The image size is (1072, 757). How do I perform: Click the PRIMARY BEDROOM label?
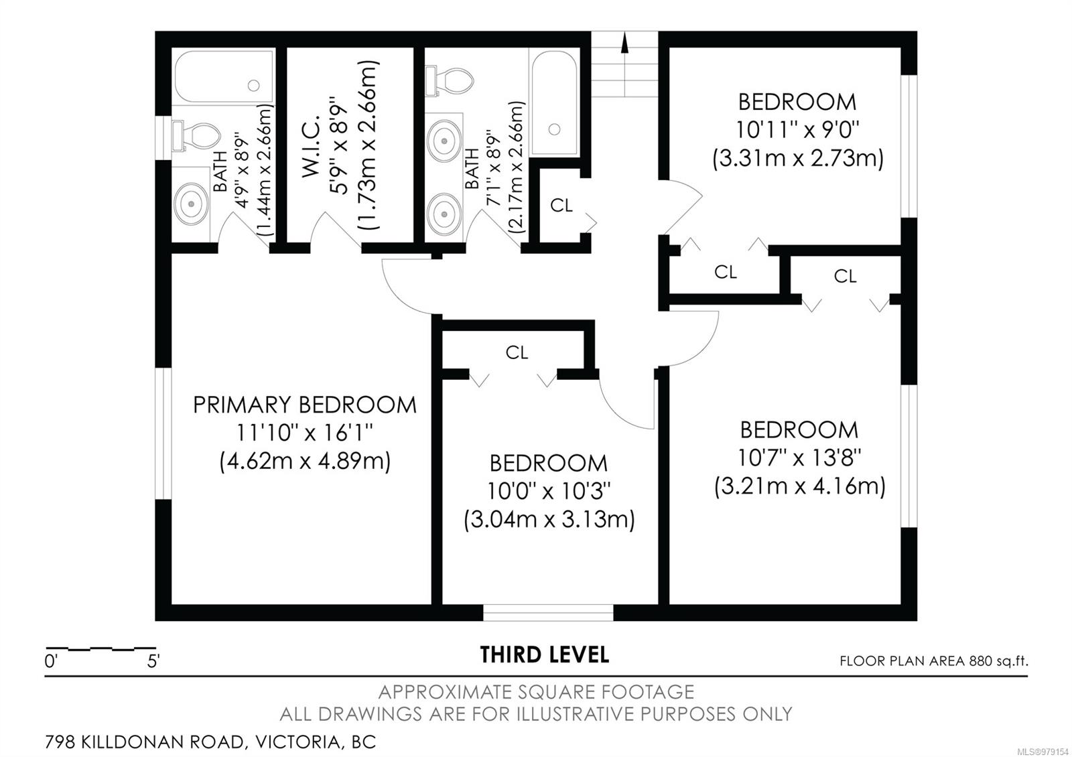click(304, 405)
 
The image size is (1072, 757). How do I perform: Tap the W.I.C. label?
click(311, 145)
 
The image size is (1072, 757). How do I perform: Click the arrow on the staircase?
click(624, 64)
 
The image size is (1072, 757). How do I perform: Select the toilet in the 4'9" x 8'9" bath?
click(196, 136)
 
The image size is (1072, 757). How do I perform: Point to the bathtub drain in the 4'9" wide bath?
click(254, 86)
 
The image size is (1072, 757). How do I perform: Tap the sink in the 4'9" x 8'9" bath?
click(192, 204)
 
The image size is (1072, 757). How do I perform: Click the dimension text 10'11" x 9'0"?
click(797, 129)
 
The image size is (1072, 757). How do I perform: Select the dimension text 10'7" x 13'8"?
click(799, 458)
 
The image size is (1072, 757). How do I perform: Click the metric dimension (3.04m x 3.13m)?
click(549, 519)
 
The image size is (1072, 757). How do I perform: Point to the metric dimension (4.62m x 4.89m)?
click(305, 462)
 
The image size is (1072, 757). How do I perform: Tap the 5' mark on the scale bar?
click(153, 662)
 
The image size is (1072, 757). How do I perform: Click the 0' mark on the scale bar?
click(51, 662)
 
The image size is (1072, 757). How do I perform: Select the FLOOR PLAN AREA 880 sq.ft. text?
click(934, 661)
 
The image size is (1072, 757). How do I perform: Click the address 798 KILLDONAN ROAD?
click(145, 742)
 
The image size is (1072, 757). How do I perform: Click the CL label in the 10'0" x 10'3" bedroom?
click(517, 352)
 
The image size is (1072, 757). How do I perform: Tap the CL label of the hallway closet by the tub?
click(561, 205)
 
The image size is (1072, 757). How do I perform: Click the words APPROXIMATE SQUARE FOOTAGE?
click(536, 692)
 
